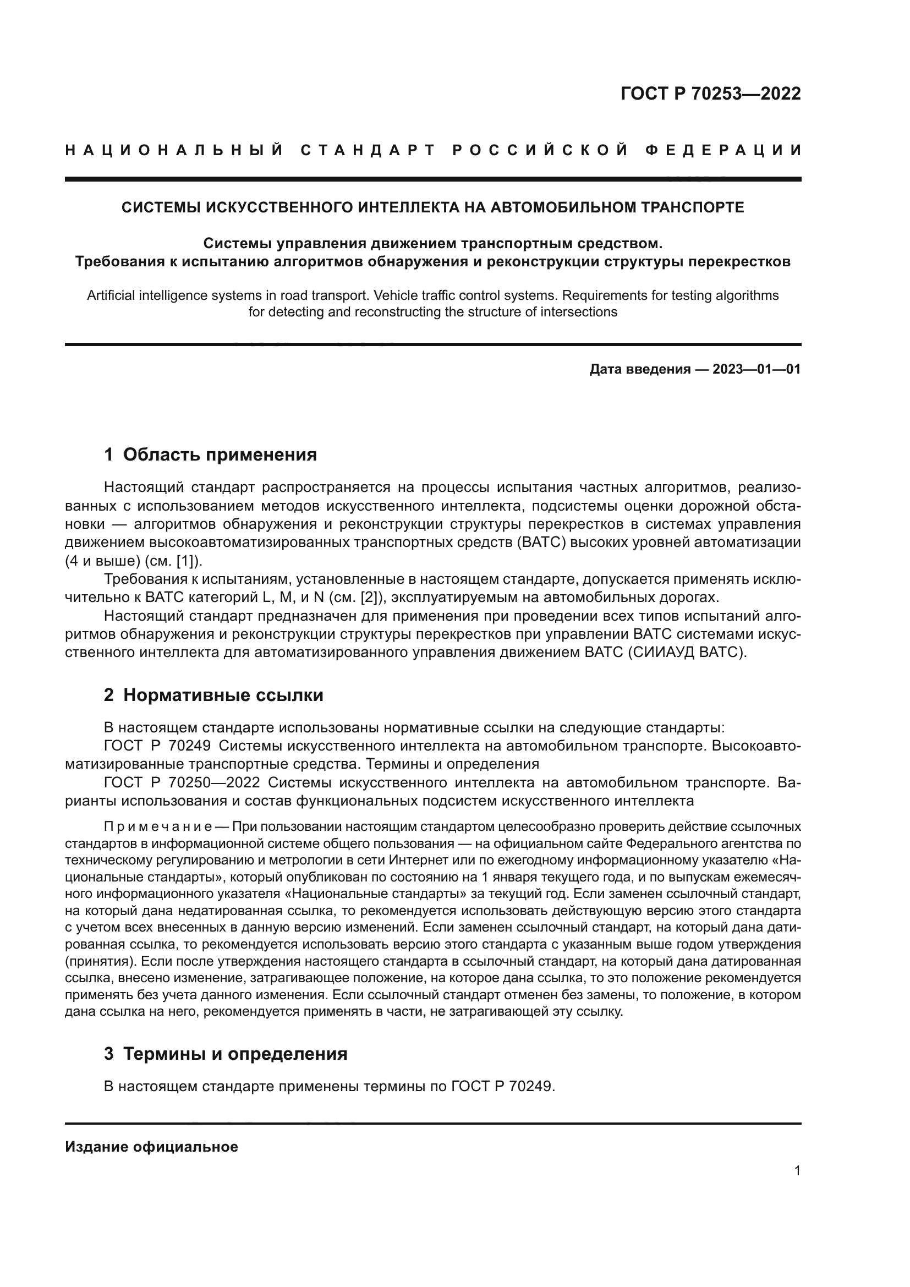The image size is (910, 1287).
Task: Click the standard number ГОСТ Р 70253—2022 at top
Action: pyautogui.click(x=710, y=94)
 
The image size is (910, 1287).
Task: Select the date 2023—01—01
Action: pyautogui.click(x=756, y=369)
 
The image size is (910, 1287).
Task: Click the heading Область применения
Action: pyautogui.click(x=220, y=454)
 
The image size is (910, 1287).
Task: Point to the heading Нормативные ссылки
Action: pyautogui.click(x=223, y=695)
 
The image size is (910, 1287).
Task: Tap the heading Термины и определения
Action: pyautogui.click(x=235, y=1054)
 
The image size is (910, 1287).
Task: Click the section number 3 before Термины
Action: pyautogui.click(x=109, y=1054)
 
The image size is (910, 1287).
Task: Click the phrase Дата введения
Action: pyautogui.click(x=639, y=369)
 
